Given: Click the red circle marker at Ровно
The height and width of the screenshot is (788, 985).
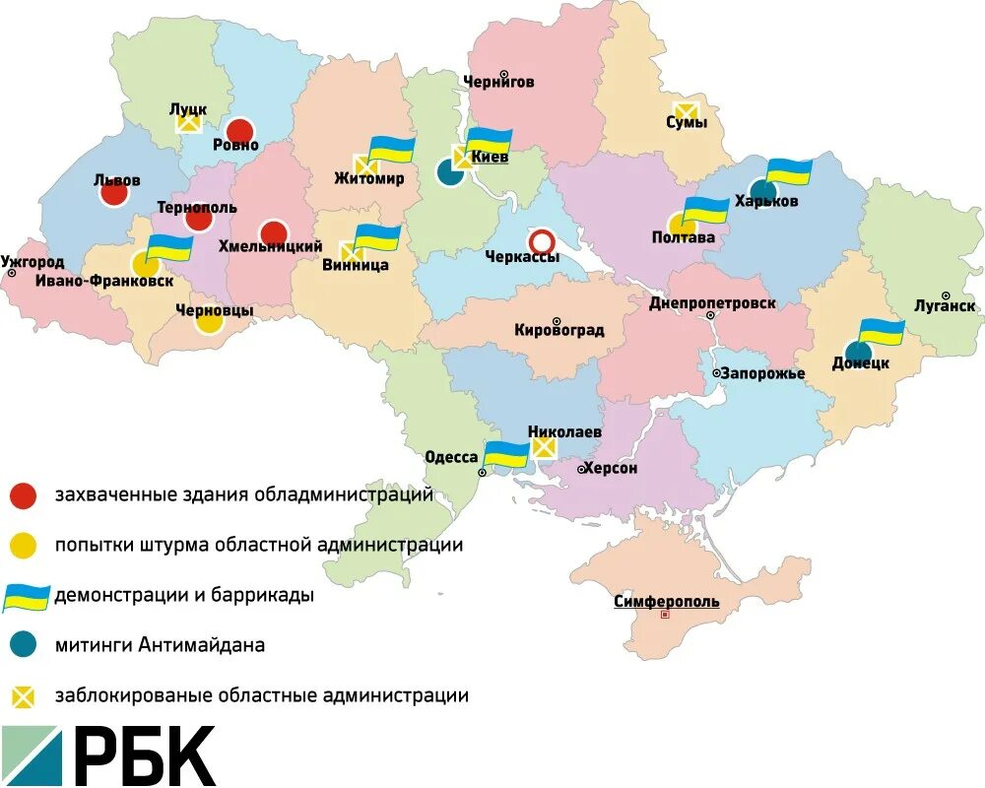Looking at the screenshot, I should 239,130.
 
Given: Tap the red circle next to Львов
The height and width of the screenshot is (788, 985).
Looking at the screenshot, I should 114,193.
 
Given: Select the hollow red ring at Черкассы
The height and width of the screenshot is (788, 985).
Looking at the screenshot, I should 541,240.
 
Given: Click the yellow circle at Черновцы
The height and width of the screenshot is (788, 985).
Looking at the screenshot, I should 209,321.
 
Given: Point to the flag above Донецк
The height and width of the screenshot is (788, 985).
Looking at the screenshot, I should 881,332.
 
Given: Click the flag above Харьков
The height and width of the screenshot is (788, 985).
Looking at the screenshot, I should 789,171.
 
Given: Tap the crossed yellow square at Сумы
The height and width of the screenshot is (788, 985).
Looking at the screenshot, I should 685,111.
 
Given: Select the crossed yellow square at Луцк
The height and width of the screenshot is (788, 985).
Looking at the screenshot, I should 187,123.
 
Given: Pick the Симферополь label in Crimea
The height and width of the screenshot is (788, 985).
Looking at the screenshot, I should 666,601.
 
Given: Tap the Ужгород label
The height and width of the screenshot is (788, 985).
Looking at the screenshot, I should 33,263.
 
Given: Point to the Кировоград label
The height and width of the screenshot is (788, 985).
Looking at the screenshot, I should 558,331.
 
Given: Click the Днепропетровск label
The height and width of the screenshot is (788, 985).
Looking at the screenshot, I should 712,303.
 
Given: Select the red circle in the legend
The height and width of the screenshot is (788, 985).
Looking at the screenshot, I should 24,495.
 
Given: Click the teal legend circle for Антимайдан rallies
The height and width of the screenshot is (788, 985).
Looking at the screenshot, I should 24,645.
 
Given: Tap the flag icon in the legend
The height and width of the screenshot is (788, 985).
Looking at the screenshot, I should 26,596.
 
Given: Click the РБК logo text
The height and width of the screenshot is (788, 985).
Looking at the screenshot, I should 144,756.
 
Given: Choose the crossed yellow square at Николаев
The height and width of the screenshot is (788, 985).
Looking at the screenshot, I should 543,447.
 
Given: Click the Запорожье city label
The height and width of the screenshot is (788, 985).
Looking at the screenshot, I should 762,373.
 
